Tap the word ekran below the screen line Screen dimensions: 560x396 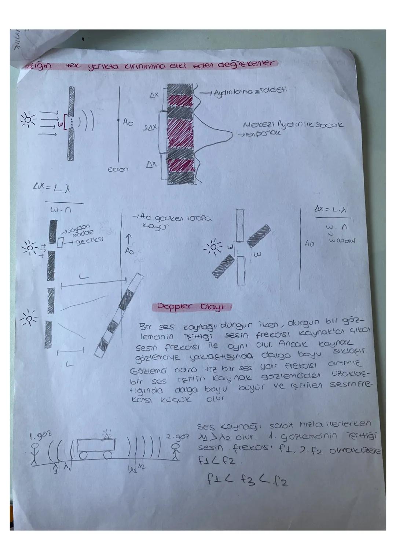pyautogui.click(x=118, y=170)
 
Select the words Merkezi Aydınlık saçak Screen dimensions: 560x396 pyautogui.click(x=293, y=125)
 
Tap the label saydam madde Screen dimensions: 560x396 pyautogui.click(x=81, y=231)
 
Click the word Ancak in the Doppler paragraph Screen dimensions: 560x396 pyautogui.click(x=291, y=345)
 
